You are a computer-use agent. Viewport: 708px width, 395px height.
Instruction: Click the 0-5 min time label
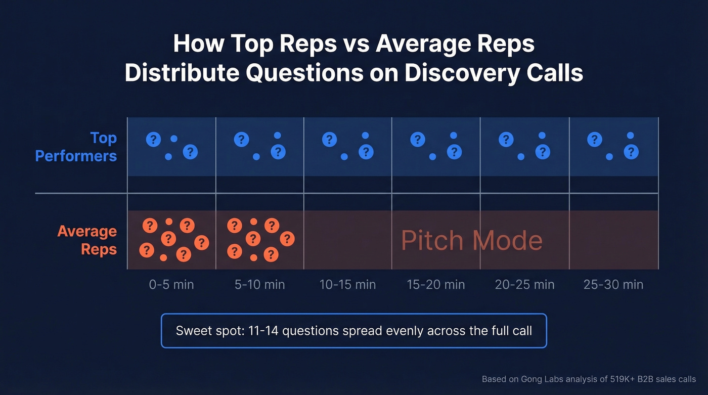coord(171,285)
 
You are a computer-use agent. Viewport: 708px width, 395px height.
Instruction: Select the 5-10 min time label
coord(259,285)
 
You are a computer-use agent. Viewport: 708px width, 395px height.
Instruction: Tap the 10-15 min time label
coord(347,285)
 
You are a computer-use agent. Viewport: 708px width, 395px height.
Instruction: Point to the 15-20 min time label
coord(435,285)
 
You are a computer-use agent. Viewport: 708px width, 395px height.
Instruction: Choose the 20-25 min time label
coord(524,285)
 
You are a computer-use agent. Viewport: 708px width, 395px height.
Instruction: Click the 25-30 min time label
coord(613,285)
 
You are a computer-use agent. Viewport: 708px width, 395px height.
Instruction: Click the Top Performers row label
coord(76,147)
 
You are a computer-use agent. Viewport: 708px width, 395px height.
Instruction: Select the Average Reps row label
coord(87,240)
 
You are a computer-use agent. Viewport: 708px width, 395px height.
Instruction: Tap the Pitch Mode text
coord(471,241)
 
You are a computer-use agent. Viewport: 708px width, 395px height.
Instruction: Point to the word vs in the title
coord(356,44)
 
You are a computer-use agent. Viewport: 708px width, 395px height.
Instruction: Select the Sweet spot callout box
coord(353,331)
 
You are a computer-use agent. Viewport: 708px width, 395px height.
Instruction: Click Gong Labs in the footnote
coord(534,379)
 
